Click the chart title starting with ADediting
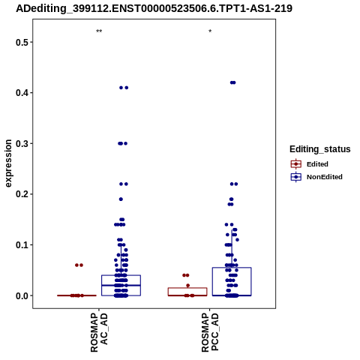pos(154,8)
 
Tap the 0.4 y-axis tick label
pos(22,93)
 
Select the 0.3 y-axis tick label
pos(22,144)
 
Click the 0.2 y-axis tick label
pos(22,194)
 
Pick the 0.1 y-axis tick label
pos(22,245)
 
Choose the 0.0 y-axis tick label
pos(22,295)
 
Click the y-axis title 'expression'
pos(8,163)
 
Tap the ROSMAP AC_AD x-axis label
pos(99,333)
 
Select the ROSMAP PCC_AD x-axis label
pos(210,333)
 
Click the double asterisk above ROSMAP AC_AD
pos(99,31)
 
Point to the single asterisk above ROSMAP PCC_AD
pos(210,31)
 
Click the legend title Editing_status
pos(320,149)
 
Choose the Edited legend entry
pos(309,164)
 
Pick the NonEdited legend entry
pos(316,177)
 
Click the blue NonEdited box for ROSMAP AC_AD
pos(121,285)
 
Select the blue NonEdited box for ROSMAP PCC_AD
pos(232,281)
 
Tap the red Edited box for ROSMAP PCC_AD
pos(187,292)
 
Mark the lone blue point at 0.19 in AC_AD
pos(121,199)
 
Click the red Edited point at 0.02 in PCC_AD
pos(188,286)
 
